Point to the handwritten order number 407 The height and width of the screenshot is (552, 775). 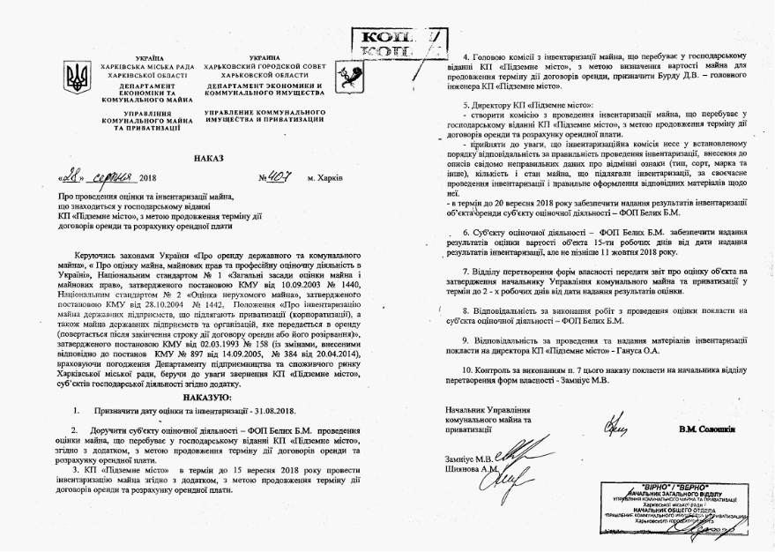pos(280,175)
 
